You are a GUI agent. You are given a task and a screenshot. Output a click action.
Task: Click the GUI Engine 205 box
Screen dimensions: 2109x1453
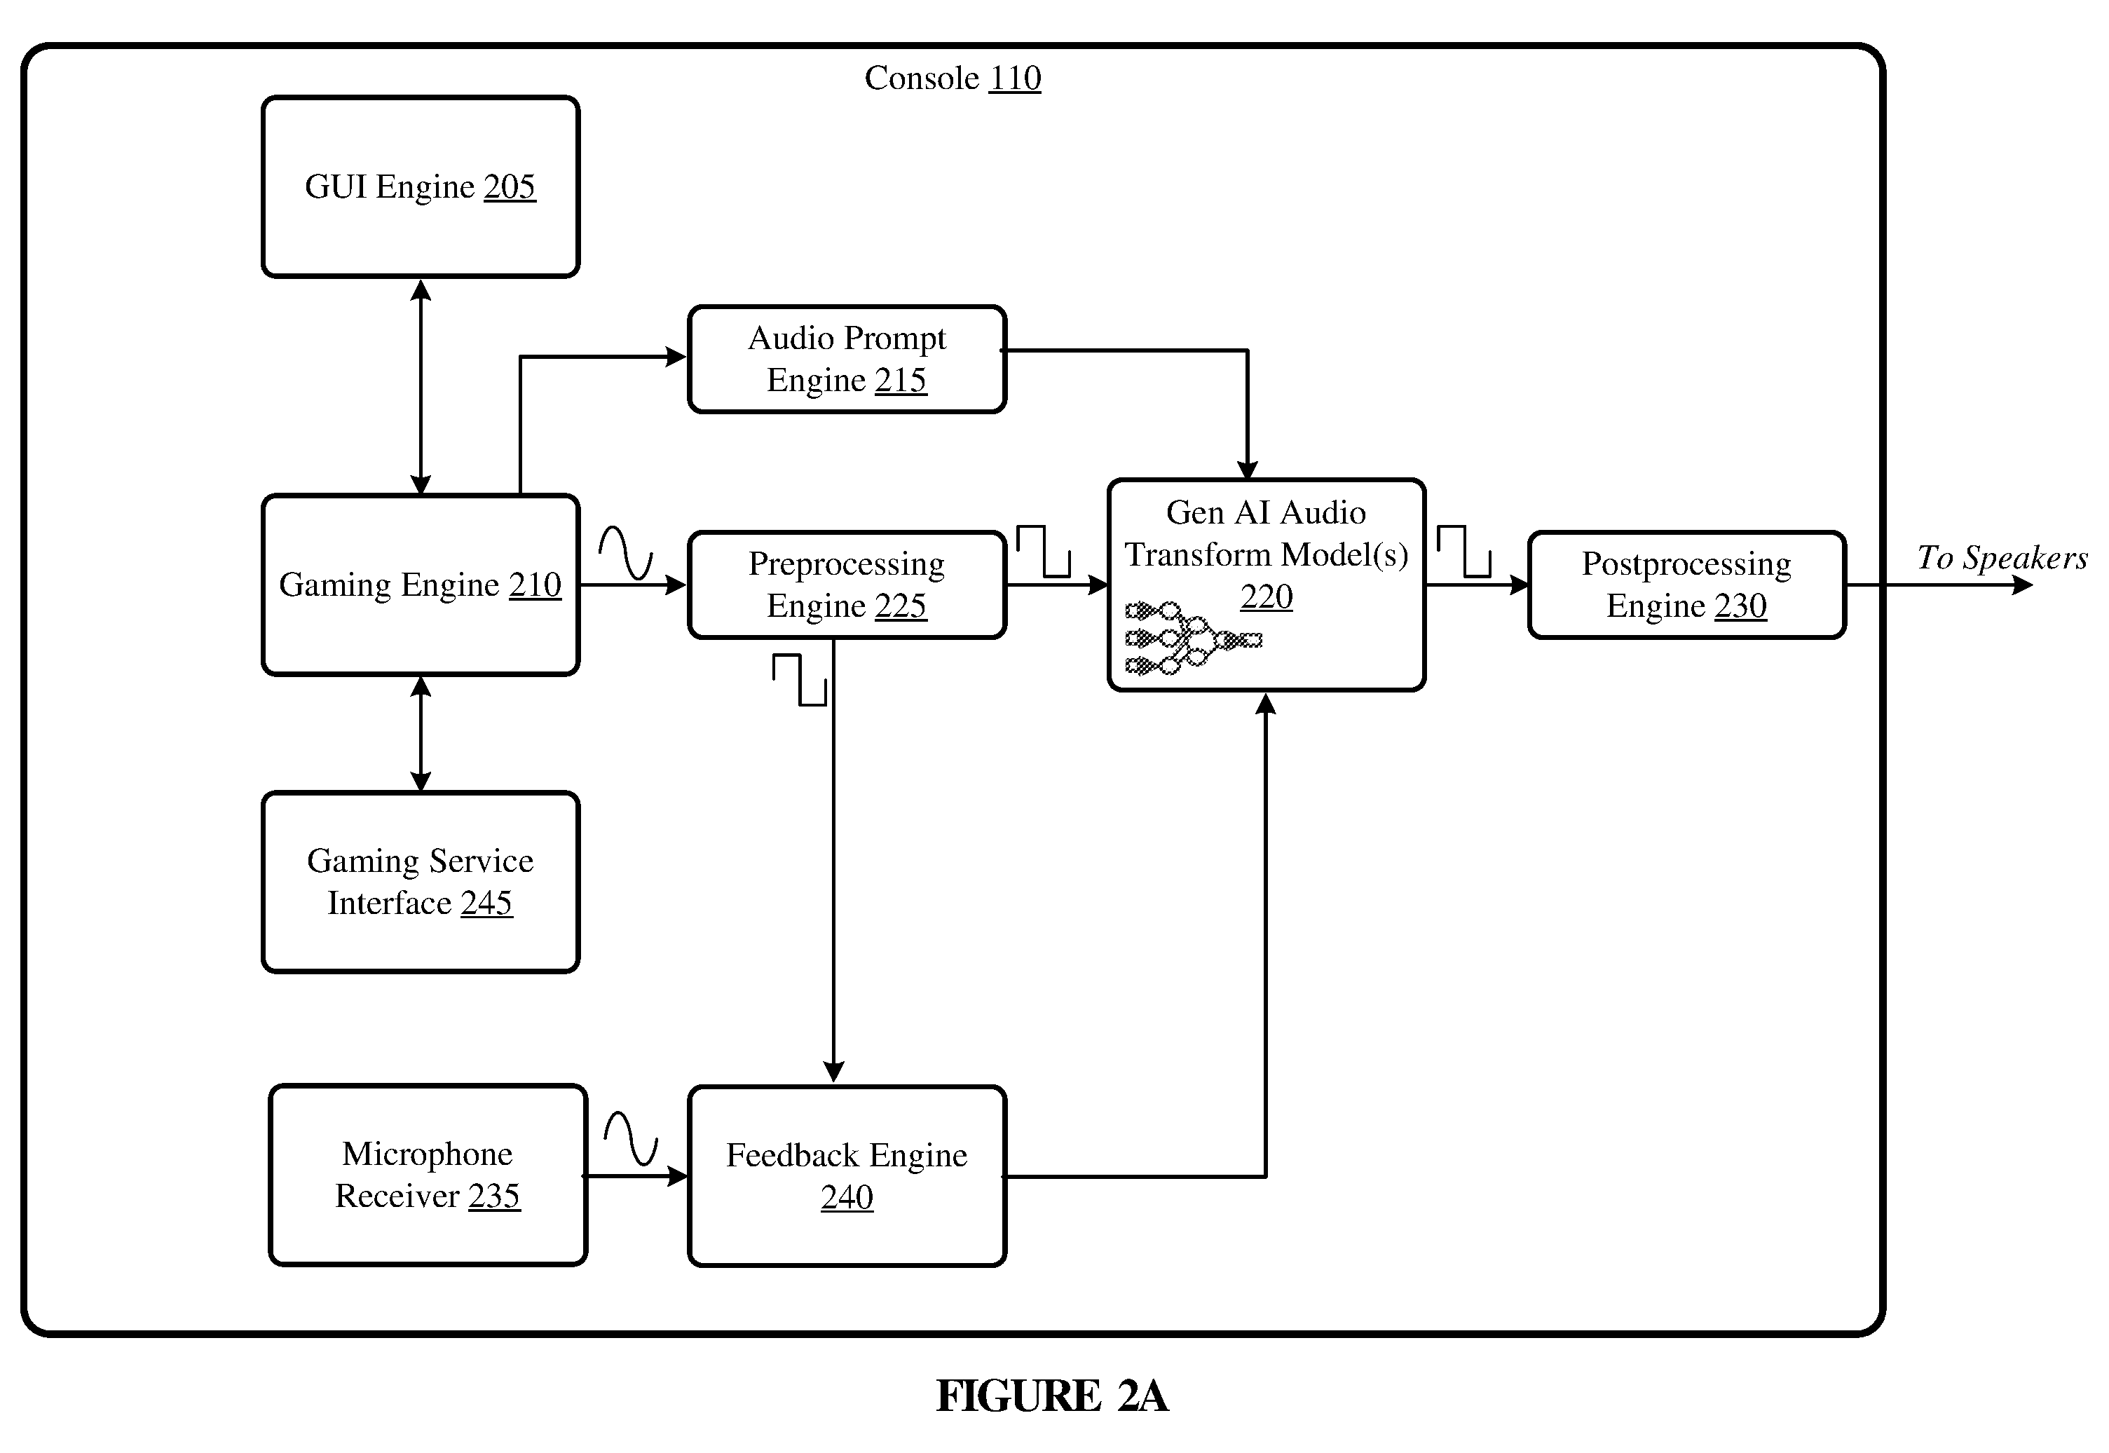click(421, 186)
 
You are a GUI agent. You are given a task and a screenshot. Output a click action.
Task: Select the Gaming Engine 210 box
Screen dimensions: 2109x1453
click(421, 585)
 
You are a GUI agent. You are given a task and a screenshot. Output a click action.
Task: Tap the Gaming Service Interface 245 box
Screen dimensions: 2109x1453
click(421, 882)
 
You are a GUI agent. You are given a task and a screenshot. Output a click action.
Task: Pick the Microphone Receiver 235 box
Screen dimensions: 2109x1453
click(428, 1175)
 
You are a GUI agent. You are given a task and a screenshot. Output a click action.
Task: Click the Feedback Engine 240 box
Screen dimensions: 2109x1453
click(847, 1175)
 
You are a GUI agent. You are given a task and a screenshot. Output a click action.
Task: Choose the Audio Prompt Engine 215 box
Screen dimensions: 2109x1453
click(847, 359)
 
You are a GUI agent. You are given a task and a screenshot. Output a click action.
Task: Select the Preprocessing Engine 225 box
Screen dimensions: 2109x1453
click(847, 585)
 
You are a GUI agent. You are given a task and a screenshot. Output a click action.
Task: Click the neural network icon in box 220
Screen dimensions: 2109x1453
click(1194, 639)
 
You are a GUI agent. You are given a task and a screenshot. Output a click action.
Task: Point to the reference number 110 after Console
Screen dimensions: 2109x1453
click(1015, 79)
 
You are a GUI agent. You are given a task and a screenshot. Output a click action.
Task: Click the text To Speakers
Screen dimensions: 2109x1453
click(2002, 557)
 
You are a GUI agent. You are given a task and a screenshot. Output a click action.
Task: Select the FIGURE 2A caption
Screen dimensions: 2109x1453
click(1052, 1396)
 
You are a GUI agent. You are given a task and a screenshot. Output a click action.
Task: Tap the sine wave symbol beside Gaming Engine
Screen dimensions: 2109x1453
click(625, 552)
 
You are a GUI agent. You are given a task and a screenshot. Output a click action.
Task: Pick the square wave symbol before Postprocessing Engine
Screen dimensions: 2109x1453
click(1463, 551)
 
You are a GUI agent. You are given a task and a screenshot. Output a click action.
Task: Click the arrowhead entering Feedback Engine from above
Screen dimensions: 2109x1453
click(834, 1072)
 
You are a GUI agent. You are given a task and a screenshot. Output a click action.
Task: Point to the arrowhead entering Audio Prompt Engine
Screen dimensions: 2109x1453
click(676, 357)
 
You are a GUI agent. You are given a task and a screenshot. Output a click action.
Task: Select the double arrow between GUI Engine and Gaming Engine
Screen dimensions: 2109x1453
click(421, 386)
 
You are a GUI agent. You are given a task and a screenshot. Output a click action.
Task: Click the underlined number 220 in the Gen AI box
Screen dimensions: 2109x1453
click(1266, 597)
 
